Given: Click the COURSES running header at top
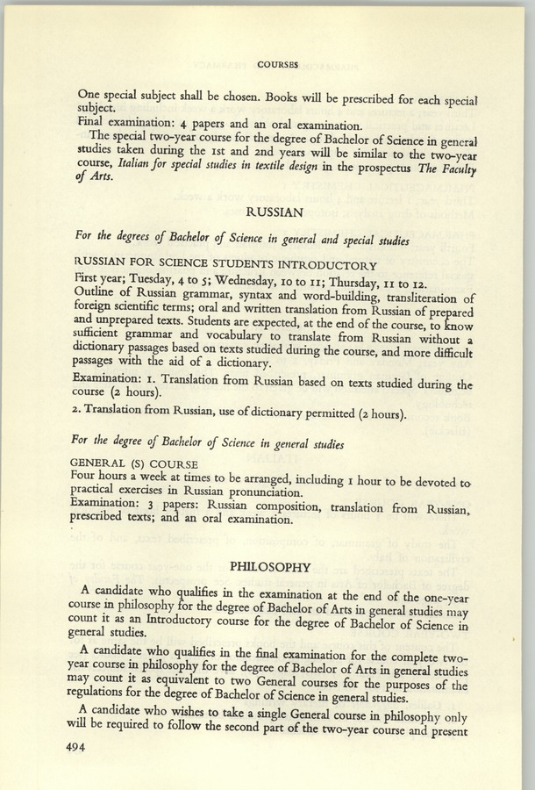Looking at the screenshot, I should click(x=279, y=64).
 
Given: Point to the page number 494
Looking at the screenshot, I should click(x=68, y=747).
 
